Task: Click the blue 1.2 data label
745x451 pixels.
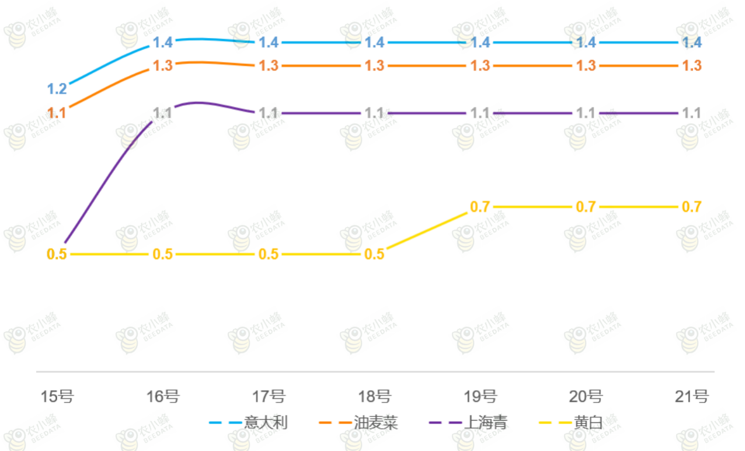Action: pos(57,89)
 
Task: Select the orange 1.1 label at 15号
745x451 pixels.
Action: pos(57,113)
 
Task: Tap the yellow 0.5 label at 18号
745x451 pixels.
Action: pos(374,254)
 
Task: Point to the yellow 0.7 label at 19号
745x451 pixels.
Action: pos(480,207)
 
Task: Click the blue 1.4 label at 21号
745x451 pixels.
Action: pos(692,43)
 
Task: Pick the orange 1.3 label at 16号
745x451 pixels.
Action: pos(163,66)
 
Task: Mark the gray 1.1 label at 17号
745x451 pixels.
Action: pos(269,113)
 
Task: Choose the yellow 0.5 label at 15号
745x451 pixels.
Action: pos(57,254)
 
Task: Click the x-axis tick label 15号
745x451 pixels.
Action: pos(57,397)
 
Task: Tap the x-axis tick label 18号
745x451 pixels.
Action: pos(374,397)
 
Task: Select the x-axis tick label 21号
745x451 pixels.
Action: pos(692,397)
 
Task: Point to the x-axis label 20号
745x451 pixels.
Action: pos(586,397)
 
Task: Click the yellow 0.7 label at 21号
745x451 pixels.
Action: pos(692,207)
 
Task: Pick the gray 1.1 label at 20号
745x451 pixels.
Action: pos(586,113)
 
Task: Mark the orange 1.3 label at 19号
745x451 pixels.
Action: pos(481,66)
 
